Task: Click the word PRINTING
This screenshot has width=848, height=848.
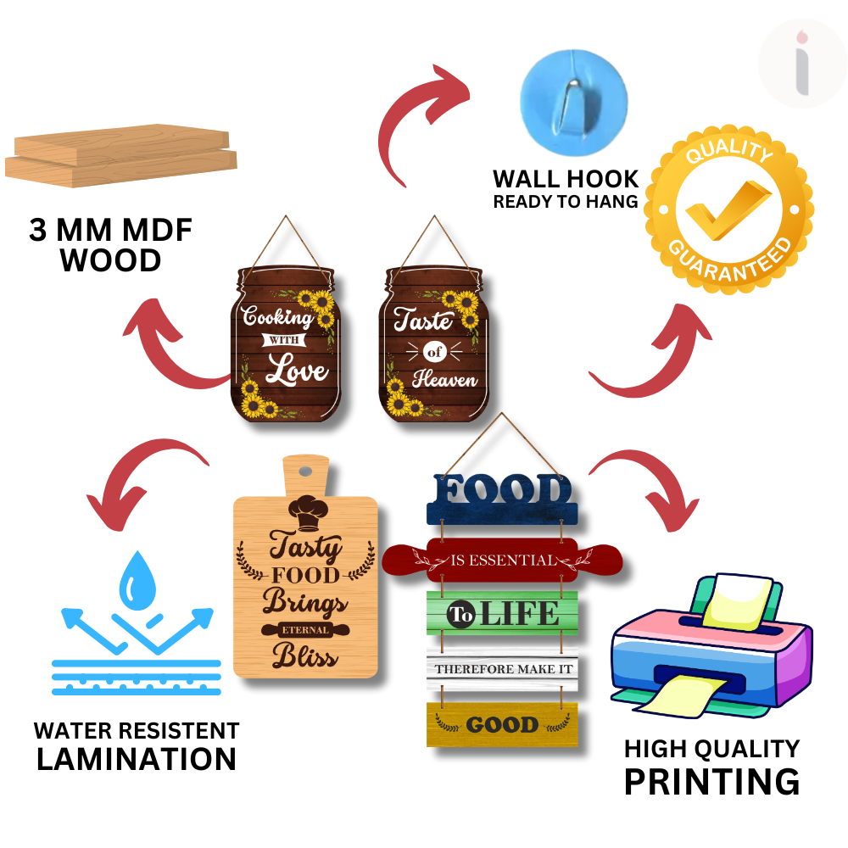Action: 711,781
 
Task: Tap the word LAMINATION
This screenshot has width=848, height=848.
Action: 137,758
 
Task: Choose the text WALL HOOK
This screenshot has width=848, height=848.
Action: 566,179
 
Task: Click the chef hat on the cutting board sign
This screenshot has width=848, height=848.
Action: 305,506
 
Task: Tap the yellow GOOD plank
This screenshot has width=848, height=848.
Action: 502,725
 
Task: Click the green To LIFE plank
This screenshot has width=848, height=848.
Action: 502,612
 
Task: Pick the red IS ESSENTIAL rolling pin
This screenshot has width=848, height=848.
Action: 502,560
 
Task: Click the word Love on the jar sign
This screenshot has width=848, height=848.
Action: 297,371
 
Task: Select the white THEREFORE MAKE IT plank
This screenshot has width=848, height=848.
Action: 502,670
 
